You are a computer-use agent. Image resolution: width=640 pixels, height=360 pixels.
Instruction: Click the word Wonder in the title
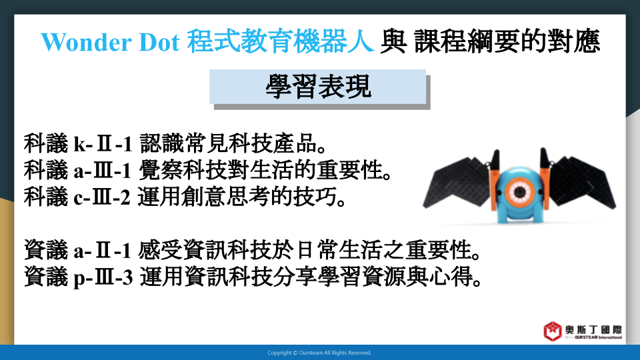pos(87,42)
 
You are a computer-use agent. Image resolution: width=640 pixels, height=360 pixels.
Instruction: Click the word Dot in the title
pos(159,42)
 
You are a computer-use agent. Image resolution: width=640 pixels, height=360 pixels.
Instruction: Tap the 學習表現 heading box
pos(317,87)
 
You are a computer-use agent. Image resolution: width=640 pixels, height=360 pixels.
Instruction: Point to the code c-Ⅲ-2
pos(102,197)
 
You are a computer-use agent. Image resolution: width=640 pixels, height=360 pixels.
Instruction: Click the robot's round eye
pos(519,192)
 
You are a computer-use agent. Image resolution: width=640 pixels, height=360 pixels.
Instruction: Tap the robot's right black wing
pos(581,181)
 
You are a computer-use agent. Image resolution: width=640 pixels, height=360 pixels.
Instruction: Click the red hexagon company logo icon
pos(552,331)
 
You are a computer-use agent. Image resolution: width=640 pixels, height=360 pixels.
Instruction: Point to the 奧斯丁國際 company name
pos(593,329)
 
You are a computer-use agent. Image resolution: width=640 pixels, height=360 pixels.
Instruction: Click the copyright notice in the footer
pos(319,353)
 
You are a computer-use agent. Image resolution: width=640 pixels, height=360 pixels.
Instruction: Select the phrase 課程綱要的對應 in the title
pos(507,41)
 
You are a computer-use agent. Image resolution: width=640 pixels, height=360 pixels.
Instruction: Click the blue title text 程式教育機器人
pos(281,41)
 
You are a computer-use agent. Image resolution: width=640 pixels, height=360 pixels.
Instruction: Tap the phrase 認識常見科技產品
pos(229,144)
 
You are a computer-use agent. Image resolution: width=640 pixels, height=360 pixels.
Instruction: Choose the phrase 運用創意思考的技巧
pos(238,197)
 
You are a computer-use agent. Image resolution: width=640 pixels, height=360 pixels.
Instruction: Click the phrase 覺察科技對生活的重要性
pos(261,171)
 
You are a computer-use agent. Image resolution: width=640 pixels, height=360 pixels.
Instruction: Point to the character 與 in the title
pos(393,41)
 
